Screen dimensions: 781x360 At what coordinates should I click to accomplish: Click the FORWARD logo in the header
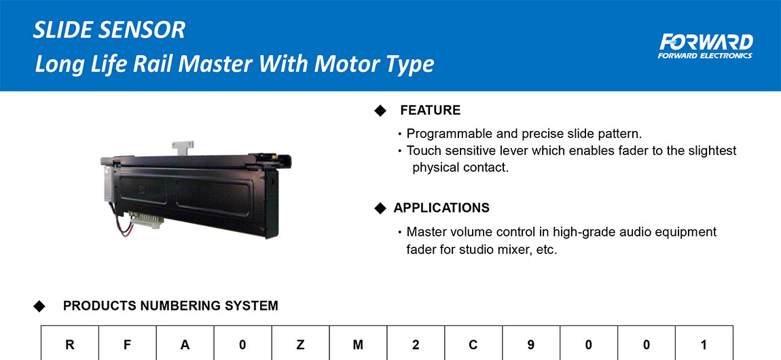[x=706, y=46]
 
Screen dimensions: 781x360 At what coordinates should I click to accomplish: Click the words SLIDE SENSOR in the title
[x=109, y=31]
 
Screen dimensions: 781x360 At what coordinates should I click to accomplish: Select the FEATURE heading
[x=431, y=111]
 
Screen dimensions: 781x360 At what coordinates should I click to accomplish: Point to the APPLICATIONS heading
[x=441, y=208]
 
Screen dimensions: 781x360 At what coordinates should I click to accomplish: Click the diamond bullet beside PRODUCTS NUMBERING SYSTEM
[x=39, y=306]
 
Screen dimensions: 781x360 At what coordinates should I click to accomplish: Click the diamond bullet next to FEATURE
[x=380, y=111]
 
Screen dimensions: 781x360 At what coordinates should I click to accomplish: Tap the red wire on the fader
[x=123, y=227]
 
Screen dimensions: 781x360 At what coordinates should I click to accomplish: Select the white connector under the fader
[x=145, y=219]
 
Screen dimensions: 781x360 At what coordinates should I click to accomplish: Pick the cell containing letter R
[x=70, y=343]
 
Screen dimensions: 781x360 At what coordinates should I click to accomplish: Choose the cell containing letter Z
[x=300, y=343]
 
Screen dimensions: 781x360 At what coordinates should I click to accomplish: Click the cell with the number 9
[x=531, y=343]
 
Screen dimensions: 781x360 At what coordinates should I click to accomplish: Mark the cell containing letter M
[x=358, y=343]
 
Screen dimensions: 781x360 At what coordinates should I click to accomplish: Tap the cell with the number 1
[x=704, y=343]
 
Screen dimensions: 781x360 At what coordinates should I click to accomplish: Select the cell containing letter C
[x=473, y=343]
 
